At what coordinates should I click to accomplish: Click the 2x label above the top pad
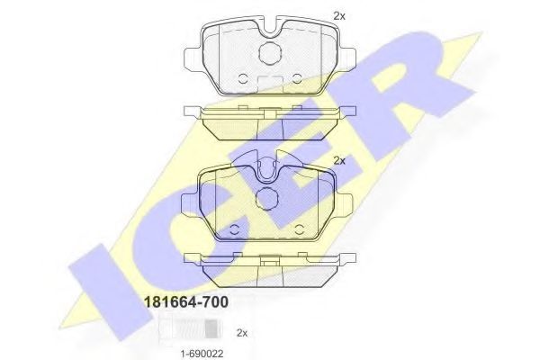pos(339,15)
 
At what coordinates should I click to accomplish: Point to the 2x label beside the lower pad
pos(339,160)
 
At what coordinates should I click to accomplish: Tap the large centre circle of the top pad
pos(269,53)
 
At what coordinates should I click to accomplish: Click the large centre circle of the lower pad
pos(269,200)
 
